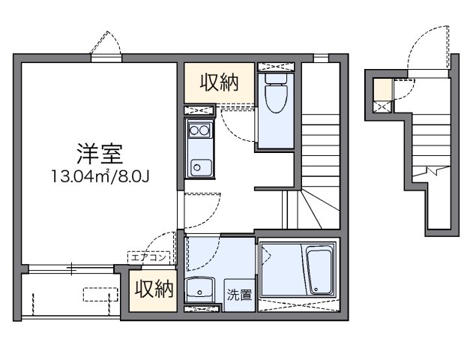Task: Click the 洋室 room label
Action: coord(98,154)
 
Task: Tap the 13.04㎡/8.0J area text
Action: coord(98,178)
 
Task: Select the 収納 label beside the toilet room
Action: coord(219,83)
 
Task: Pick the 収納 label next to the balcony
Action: coord(155,288)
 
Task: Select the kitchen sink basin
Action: coord(199,166)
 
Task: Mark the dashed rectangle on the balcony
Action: coord(100,293)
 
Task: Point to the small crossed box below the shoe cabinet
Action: coord(382,107)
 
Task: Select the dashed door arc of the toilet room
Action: coord(241,127)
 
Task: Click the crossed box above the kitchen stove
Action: coord(199,111)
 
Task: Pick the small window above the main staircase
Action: coord(320,58)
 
